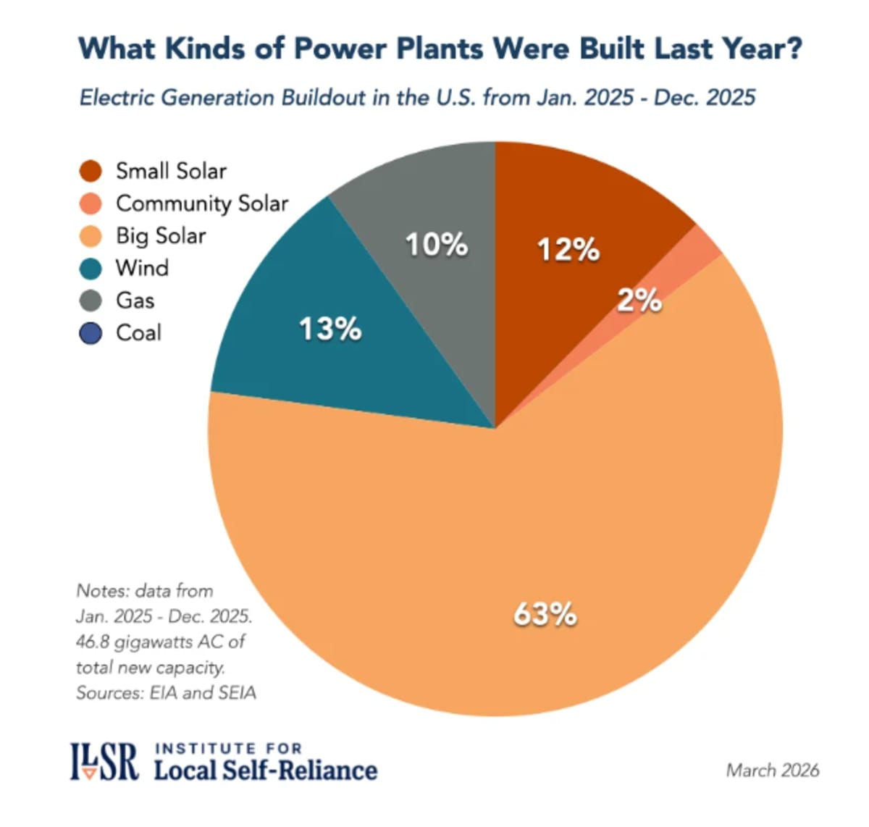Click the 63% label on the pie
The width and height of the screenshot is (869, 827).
(x=545, y=614)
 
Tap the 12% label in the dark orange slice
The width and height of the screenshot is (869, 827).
(x=568, y=250)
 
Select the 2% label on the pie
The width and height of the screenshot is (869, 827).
(x=639, y=300)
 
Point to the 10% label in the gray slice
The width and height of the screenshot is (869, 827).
(x=436, y=245)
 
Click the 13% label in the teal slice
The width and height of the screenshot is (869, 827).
(x=330, y=329)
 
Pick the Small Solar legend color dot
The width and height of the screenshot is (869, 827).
(x=91, y=172)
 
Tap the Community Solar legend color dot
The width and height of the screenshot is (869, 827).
(x=91, y=204)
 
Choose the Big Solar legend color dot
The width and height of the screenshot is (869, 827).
(x=91, y=237)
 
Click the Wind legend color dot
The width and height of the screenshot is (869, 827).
(x=91, y=269)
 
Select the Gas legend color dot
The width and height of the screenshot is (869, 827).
(x=91, y=301)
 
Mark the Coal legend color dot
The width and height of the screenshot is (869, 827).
(x=91, y=334)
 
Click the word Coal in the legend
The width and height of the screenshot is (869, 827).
(x=138, y=333)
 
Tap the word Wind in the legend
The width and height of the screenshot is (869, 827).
(x=142, y=268)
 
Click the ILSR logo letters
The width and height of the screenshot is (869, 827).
(x=104, y=762)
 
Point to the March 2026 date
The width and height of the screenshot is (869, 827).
(x=772, y=770)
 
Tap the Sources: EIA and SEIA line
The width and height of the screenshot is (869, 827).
(x=166, y=693)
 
